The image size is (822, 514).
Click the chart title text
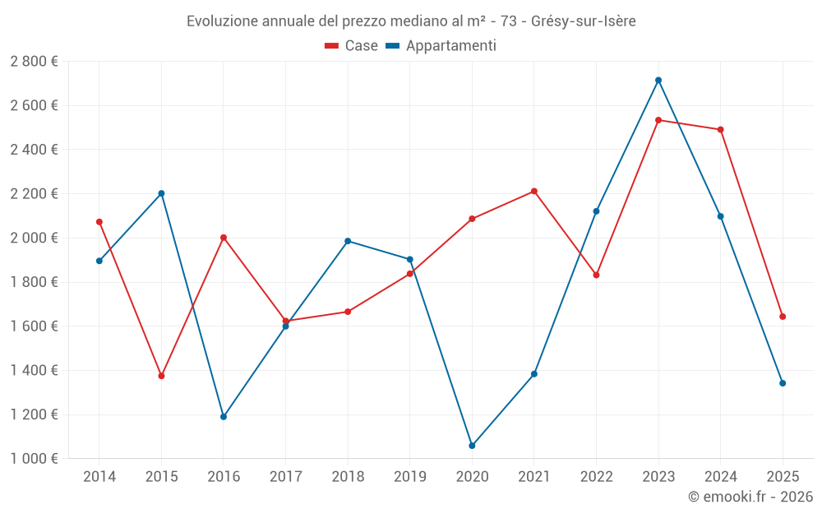pos(411,21)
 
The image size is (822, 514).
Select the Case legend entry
pos(351,46)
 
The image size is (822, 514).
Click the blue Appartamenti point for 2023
pos(658,81)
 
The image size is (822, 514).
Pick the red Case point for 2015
pos(161,376)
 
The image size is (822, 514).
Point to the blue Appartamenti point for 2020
pos(472,446)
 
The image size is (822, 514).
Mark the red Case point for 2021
pos(534,192)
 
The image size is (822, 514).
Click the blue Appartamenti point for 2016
pos(224,417)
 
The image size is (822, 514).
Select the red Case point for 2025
pos(783,317)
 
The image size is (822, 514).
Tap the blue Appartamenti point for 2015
pos(161,193)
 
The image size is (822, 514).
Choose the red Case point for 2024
pos(721,130)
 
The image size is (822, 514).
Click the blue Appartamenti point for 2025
pos(783,383)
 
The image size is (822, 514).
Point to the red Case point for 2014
pos(99,222)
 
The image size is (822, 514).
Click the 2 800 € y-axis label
pos(34,62)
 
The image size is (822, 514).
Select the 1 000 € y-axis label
pos(34,459)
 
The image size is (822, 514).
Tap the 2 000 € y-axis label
pos(34,238)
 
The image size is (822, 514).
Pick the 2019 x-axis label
pos(410,476)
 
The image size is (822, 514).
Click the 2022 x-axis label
pos(596,476)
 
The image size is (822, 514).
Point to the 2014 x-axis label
pos(99,476)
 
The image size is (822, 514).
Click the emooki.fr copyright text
pos(750,497)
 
